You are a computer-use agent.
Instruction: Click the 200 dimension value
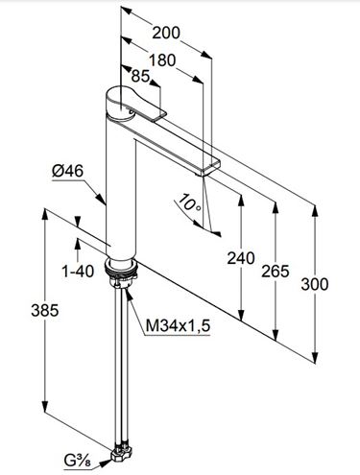pos(166,33)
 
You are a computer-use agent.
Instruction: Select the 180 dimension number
pos(162,60)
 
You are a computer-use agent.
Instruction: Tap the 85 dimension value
pos(140,76)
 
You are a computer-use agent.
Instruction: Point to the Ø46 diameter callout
pos(67,171)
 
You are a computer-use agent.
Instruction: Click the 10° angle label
pos(189,202)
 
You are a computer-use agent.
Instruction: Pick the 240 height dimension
pos(241,258)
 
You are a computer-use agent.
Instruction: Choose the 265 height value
pos(276,272)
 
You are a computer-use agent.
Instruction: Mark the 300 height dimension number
pos(315,284)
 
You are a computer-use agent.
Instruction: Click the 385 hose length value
pos(45,310)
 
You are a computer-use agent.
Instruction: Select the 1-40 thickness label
pos(78,272)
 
